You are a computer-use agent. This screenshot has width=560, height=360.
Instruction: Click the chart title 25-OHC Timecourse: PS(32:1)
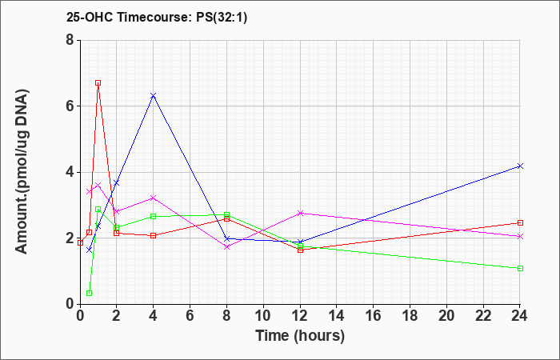click(x=157, y=17)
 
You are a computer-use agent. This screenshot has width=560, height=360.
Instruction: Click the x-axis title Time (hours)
click(x=300, y=336)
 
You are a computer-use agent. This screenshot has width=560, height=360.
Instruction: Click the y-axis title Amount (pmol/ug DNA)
click(x=22, y=172)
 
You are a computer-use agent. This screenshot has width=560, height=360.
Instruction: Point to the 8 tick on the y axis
click(x=70, y=40)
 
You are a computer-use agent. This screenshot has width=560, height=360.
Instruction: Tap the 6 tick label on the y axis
click(x=70, y=106)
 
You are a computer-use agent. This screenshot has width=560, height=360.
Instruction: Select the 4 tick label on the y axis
click(x=70, y=172)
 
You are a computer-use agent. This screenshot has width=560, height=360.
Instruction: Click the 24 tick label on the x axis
click(x=520, y=316)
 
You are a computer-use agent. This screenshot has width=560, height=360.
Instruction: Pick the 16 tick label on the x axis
click(x=374, y=316)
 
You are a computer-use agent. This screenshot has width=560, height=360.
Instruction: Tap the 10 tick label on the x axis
click(x=263, y=316)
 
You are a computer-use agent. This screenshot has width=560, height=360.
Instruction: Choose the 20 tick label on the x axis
click(x=446, y=316)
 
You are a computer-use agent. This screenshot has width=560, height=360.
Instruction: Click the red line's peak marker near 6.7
click(x=98, y=83)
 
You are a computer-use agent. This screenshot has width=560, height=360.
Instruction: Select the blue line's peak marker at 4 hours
click(x=154, y=96)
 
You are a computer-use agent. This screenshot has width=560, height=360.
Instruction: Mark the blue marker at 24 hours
click(x=520, y=166)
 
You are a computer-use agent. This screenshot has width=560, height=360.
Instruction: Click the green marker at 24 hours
click(x=520, y=269)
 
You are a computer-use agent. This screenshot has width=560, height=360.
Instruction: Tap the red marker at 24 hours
click(x=520, y=223)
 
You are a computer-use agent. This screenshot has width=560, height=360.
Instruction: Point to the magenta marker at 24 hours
click(x=520, y=237)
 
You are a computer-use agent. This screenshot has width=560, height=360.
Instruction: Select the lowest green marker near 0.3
click(x=90, y=294)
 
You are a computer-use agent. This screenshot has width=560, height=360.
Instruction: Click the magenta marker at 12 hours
click(x=300, y=214)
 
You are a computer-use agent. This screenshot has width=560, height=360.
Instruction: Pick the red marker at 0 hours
click(x=80, y=243)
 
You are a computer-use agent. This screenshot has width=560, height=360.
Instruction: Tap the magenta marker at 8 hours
click(x=226, y=246)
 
